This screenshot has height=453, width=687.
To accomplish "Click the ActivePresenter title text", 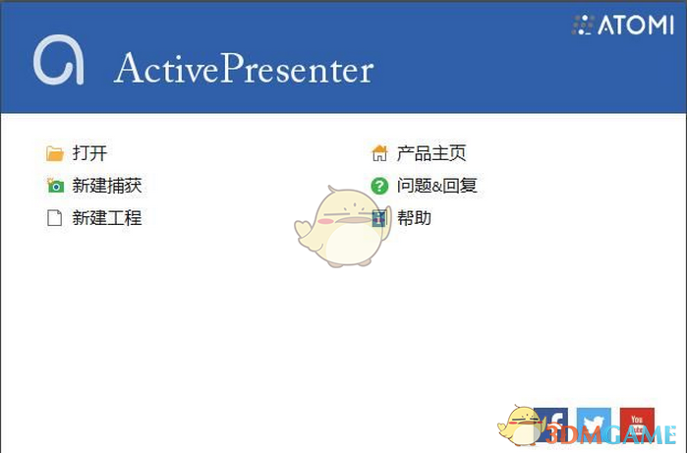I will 244,69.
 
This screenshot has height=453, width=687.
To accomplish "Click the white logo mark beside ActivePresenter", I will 58,61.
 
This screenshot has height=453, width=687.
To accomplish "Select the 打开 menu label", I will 89,153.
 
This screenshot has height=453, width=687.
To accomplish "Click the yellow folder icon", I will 55,153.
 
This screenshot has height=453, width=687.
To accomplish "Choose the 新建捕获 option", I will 107,186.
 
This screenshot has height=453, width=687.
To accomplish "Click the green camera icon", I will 55,186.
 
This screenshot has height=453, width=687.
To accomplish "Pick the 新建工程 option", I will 107,218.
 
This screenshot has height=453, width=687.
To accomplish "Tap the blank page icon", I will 55,218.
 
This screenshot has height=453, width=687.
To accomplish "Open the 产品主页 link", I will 431,153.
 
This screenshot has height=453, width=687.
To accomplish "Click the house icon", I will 379,153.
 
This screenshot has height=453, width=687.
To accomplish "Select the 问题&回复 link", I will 437,186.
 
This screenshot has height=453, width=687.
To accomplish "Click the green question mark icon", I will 379,186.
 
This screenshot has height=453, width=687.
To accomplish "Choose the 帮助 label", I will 414,218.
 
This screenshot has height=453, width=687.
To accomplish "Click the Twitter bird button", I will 594,423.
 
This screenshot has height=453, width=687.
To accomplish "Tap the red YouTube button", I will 637,423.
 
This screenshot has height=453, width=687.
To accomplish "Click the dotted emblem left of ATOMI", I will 583,26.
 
